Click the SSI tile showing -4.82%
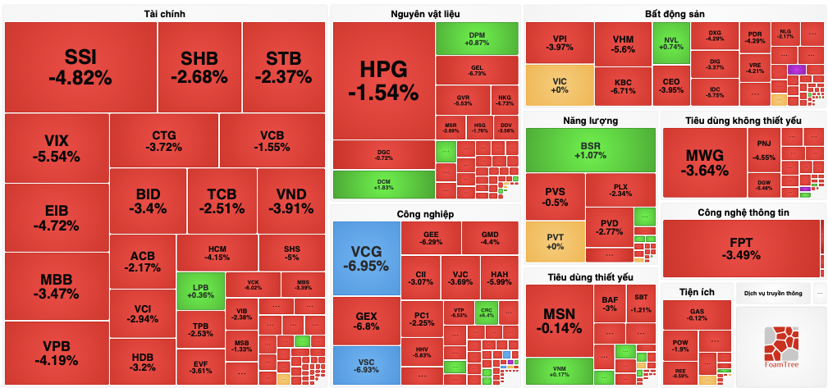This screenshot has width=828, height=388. coord(80,66)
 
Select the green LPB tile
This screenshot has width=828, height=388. coord(194,290)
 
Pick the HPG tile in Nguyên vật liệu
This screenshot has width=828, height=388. coord(383,80)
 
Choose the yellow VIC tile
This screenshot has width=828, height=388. coord(560,84)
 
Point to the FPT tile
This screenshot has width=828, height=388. coord(741,249)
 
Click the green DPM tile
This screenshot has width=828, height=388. coord(477,38)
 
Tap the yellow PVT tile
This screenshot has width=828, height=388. coord(554,242)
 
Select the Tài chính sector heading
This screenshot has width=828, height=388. coord(163,14)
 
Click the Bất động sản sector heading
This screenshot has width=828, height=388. coord(674,14)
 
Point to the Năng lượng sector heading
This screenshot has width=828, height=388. coord(590,121)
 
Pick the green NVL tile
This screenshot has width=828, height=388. coord(670,43)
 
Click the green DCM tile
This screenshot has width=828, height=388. coord(383,184)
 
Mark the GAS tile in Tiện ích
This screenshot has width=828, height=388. coord(697,313)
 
